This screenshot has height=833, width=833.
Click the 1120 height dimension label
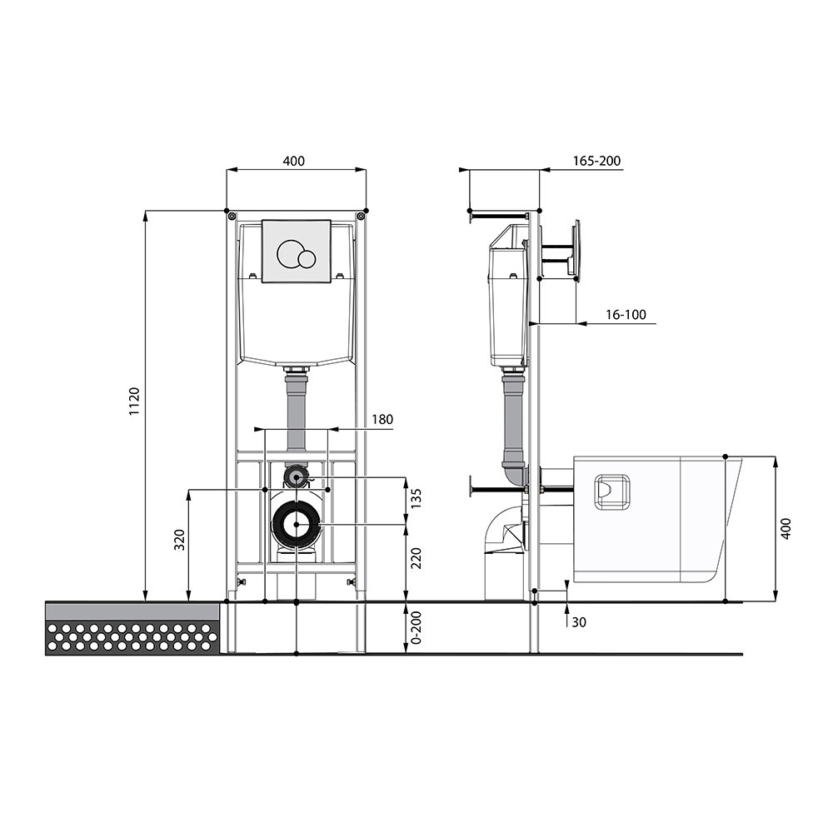[x=134, y=402]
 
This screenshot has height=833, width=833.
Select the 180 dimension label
[x=382, y=419]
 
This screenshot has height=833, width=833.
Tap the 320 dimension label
[x=180, y=540]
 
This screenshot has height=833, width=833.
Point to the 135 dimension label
[x=416, y=500]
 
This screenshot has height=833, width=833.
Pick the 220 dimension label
[x=416, y=558]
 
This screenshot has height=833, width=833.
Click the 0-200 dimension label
[x=416, y=628]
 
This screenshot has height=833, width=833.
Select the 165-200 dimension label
[x=596, y=161]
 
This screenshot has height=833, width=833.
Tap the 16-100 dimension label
[x=626, y=315]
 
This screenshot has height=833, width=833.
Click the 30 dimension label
[x=579, y=622]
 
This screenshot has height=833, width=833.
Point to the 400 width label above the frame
[x=294, y=161]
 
